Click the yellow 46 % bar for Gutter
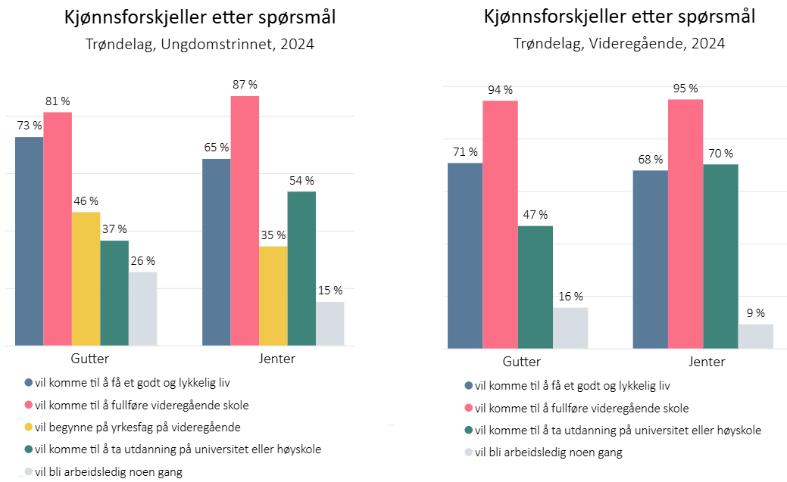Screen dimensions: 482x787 tap(86, 278)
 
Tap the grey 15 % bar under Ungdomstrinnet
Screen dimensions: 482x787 tap(329, 324)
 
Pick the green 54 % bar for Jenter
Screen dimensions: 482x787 tap(301, 269)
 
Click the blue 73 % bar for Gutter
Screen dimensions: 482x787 tap(29, 241)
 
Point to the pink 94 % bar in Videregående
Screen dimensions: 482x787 tap(500, 224)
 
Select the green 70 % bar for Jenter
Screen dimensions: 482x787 tap(720, 256)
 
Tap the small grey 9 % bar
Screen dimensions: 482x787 tap(755, 336)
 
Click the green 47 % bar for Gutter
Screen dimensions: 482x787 tap(535, 287)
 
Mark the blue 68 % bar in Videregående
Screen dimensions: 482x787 tap(650, 259)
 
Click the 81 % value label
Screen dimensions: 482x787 tap(58, 101)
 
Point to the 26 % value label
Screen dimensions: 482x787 tap(142, 261)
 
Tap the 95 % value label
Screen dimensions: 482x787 tap(685, 89)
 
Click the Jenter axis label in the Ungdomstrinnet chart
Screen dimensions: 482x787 tap(273, 359)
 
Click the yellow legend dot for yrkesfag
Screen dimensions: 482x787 tap(29, 428)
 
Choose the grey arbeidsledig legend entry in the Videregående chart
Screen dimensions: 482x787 tap(543, 452)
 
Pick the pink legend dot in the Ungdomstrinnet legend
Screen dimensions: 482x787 tap(29, 406)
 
